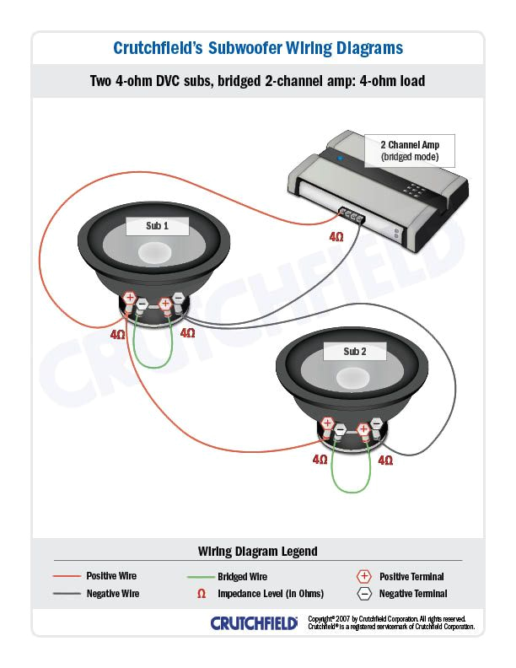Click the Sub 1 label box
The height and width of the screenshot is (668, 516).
coord(158,226)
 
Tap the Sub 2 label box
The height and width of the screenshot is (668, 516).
coord(355,351)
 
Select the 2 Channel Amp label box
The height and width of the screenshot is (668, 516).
coord(410,150)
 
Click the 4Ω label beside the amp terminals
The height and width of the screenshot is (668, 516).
coord(336,238)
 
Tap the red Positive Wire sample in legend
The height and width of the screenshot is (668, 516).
coord(67,576)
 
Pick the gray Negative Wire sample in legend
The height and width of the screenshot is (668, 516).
coord(67,594)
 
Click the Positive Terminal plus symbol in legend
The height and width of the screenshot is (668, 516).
coord(364,576)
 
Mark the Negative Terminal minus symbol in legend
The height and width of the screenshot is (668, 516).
coord(364,594)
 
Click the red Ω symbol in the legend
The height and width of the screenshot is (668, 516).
coord(201,594)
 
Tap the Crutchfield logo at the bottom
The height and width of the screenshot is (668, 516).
coord(254,623)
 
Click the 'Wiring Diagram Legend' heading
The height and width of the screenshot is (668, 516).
coord(258,552)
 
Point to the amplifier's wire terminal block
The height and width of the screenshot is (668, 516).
coord(352,216)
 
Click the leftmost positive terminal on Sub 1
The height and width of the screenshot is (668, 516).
coord(130,298)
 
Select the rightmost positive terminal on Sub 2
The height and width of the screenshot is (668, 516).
coord(363,428)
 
